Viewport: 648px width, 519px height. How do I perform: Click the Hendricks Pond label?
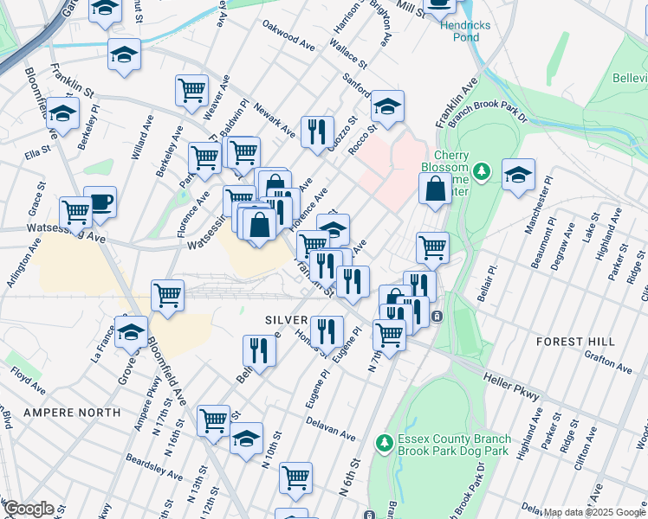464,31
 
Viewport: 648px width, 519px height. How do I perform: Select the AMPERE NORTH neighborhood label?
72,413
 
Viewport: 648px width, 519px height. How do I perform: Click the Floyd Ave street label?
29,377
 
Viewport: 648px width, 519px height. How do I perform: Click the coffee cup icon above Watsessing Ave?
100,202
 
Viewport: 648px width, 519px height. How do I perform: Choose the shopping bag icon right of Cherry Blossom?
434,188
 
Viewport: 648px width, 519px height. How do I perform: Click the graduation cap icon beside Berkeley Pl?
62,113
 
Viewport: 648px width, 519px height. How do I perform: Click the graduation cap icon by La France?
132,331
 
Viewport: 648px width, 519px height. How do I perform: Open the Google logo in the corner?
28,509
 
